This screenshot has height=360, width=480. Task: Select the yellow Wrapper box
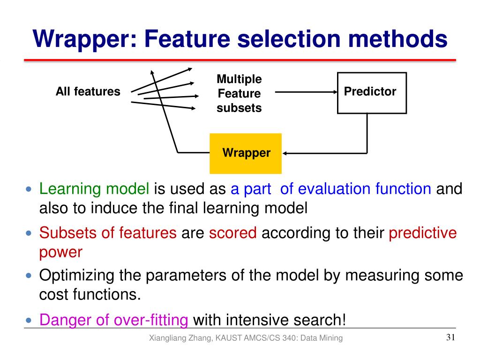246,153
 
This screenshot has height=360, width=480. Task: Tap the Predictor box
372,93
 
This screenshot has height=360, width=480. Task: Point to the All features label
88,91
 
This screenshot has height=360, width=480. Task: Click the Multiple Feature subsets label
239,93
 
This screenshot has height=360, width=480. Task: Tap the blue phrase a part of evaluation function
330,189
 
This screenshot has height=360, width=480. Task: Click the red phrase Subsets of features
108,232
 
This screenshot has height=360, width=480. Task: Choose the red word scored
233,232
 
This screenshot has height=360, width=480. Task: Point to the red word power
61,252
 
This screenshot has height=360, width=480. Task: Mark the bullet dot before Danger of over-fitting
29,321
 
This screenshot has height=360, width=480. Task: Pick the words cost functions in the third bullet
89,295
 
